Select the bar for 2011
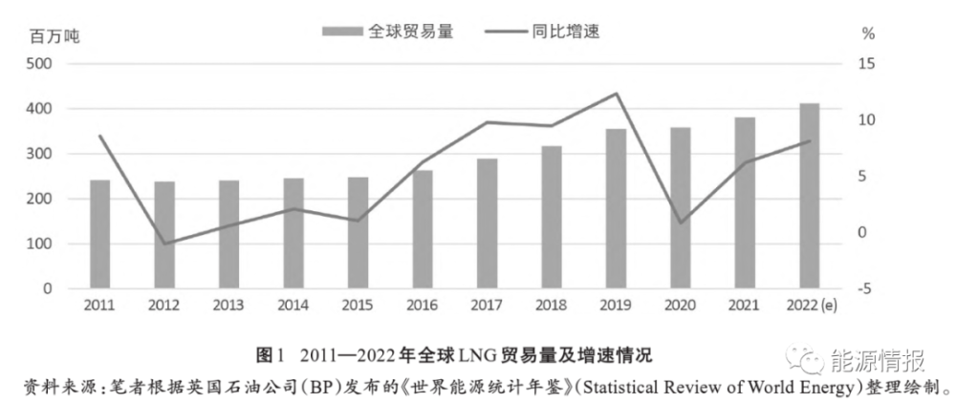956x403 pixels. tap(99, 234)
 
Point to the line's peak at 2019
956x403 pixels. tap(616, 94)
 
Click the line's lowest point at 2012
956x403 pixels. tap(163, 244)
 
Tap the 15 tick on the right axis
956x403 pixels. tap(867, 64)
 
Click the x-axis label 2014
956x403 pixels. tap(293, 305)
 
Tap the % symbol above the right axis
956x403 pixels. tap(868, 33)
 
